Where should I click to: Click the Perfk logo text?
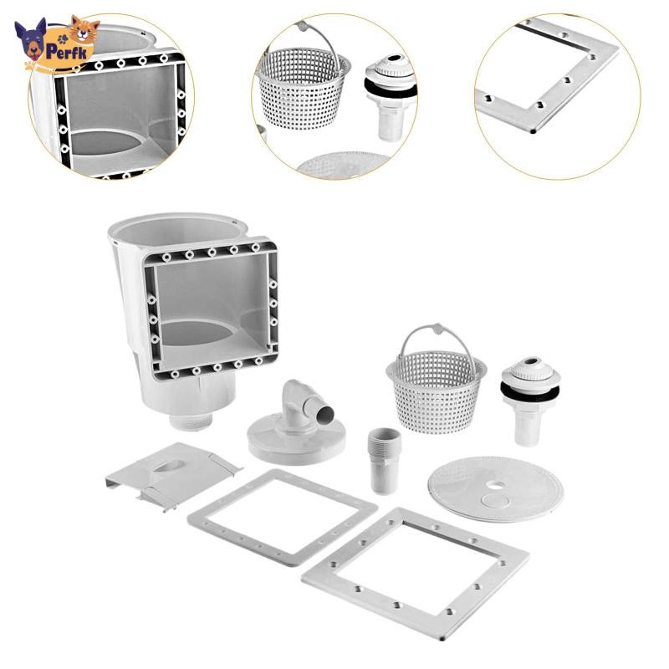(x=68, y=52)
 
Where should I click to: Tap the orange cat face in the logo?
(x=84, y=30)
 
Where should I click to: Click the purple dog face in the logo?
(x=30, y=39)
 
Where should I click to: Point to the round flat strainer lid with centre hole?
(x=495, y=488)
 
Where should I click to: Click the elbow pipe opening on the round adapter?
(x=326, y=412)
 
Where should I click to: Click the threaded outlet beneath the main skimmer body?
(x=191, y=421)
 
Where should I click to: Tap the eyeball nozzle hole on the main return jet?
(x=532, y=361)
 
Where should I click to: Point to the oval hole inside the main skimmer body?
(x=197, y=333)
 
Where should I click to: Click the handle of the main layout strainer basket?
(x=437, y=337)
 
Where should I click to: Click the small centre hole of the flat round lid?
(x=495, y=485)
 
